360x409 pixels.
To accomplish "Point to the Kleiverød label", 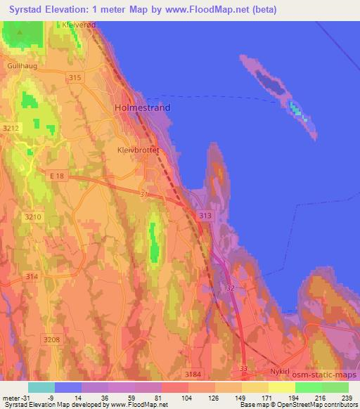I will click(x=78, y=24).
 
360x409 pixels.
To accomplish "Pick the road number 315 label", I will click(x=77, y=78).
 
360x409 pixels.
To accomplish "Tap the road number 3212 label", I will click(x=11, y=129).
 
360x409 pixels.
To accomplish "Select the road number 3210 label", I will click(x=32, y=217).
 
